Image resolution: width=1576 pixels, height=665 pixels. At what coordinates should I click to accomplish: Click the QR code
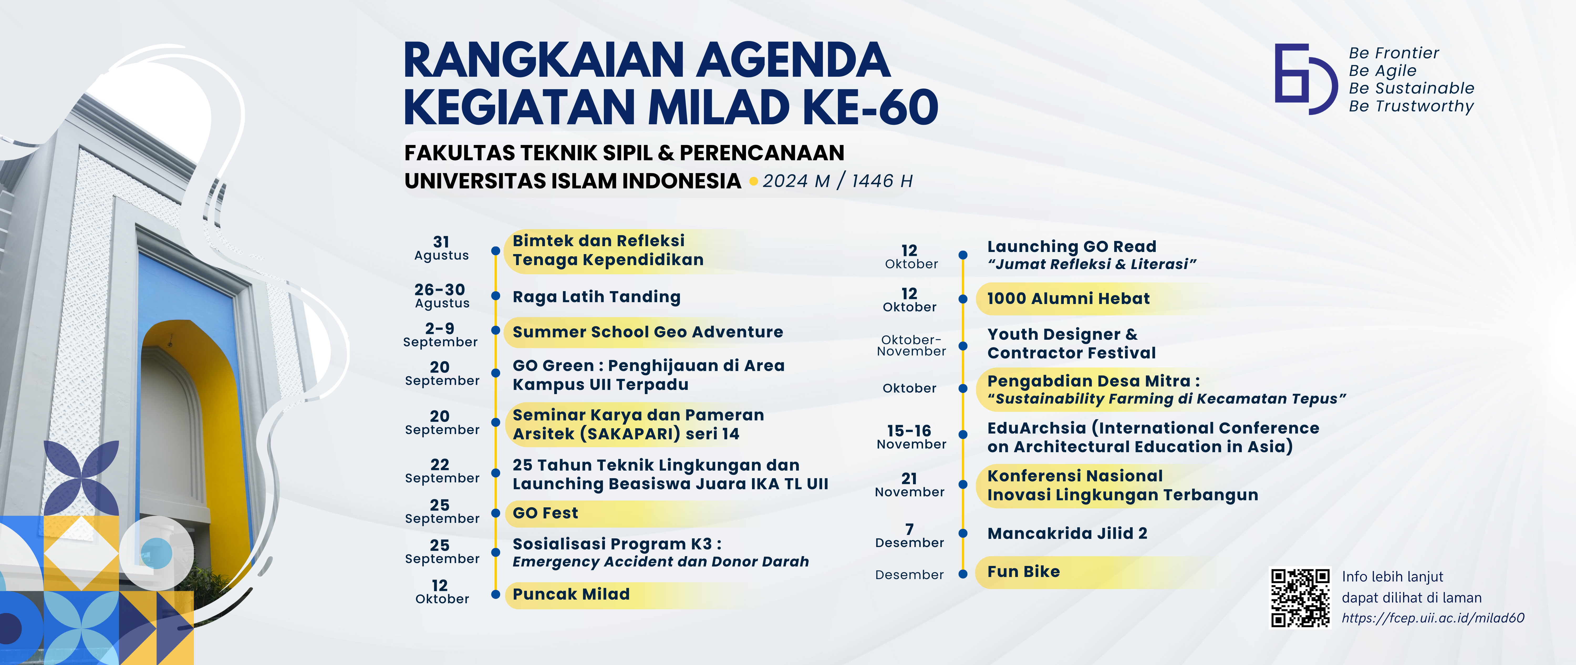[1300, 598]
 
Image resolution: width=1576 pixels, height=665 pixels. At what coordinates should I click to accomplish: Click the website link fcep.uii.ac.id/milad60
[1433, 618]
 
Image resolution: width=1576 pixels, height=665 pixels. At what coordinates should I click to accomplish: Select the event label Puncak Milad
[571, 594]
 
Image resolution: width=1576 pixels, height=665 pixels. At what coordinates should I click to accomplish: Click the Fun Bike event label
[1024, 571]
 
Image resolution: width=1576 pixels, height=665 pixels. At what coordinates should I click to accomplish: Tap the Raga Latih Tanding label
[597, 297]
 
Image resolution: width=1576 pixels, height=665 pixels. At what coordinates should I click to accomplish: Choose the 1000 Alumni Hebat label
[1068, 298]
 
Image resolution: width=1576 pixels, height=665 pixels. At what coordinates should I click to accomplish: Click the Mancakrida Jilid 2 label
[1067, 533]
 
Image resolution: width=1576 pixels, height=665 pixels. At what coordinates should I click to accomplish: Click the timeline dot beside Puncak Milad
[496, 594]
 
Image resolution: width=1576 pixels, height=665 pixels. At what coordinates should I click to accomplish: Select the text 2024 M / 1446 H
[838, 181]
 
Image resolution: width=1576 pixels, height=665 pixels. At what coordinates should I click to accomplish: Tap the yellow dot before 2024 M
[754, 181]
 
